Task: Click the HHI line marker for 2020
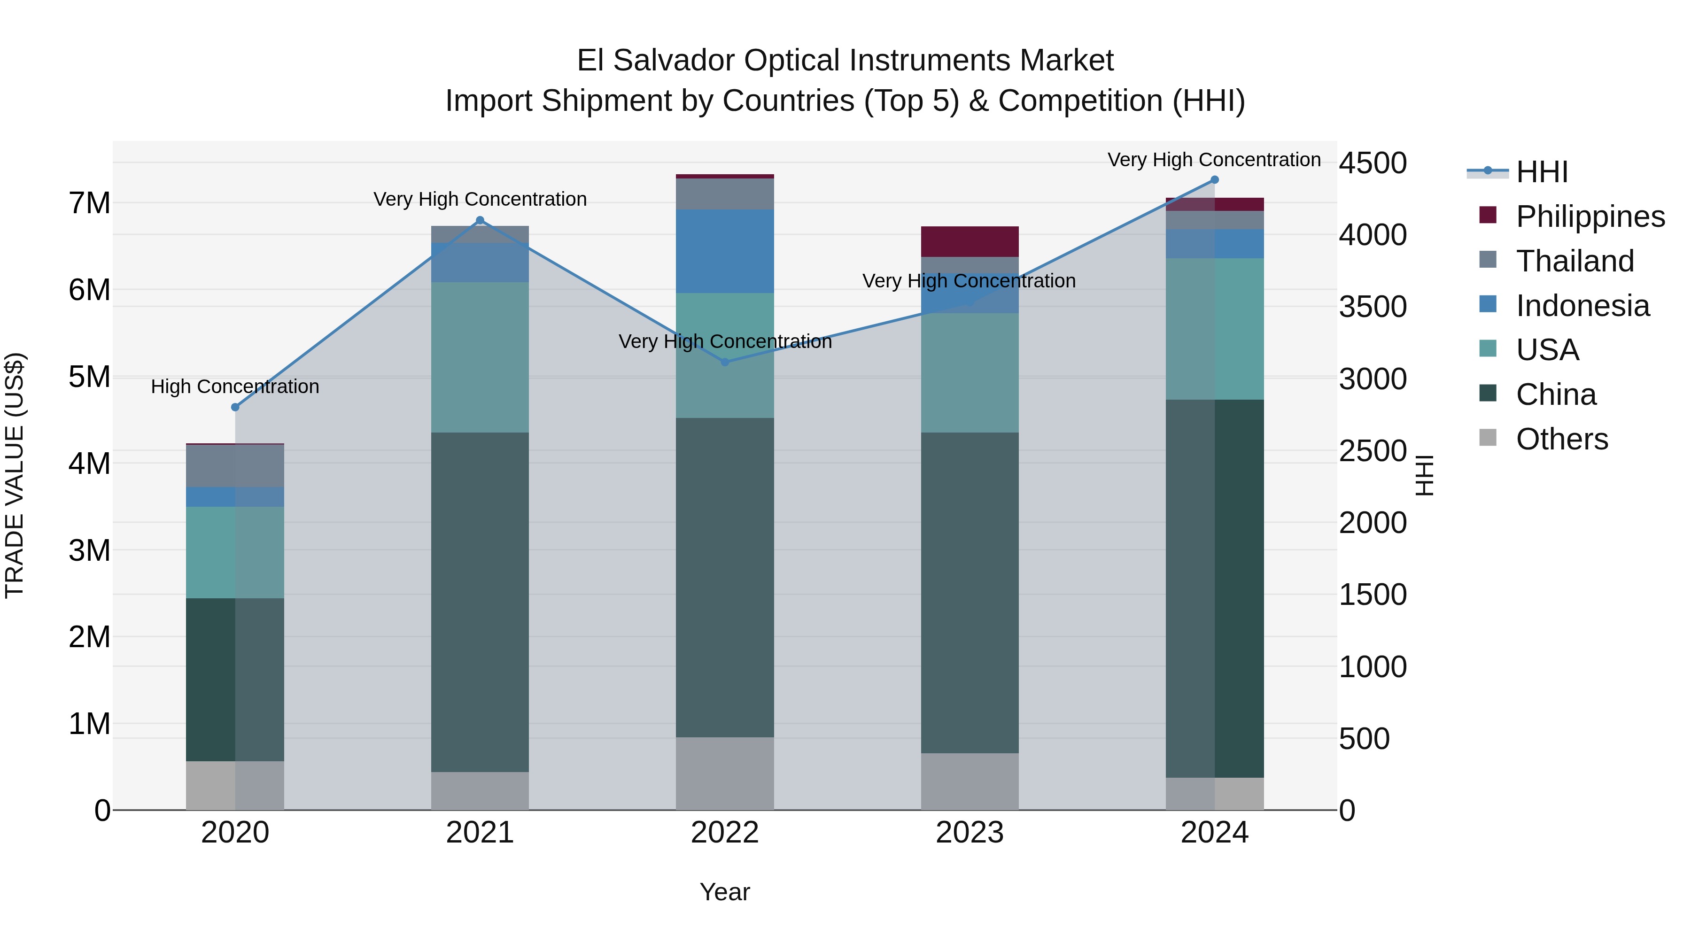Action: coord(235,407)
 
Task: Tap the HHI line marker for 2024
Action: coord(1214,180)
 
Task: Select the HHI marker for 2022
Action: coord(725,362)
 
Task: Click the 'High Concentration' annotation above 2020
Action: coord(235,387)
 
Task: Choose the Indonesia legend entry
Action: coord(1582,306)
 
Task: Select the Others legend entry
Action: coord(1561,439)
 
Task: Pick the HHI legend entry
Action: coord(1541,172)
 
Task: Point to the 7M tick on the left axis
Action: coord(89,203)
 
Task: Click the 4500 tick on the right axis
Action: coord(1373,163)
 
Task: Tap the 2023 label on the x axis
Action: coord(970,833)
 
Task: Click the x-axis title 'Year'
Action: coord(725,892)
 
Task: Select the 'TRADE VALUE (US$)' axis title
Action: coord(15,475)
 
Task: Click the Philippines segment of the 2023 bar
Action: coord(970,241)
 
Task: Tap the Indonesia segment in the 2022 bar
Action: coord(725,251)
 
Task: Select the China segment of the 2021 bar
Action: coord(480,602)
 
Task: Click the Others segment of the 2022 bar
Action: coord(725,773)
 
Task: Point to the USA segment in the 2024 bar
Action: coord(1214,329)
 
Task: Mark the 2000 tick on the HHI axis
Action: coord(1373,523)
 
